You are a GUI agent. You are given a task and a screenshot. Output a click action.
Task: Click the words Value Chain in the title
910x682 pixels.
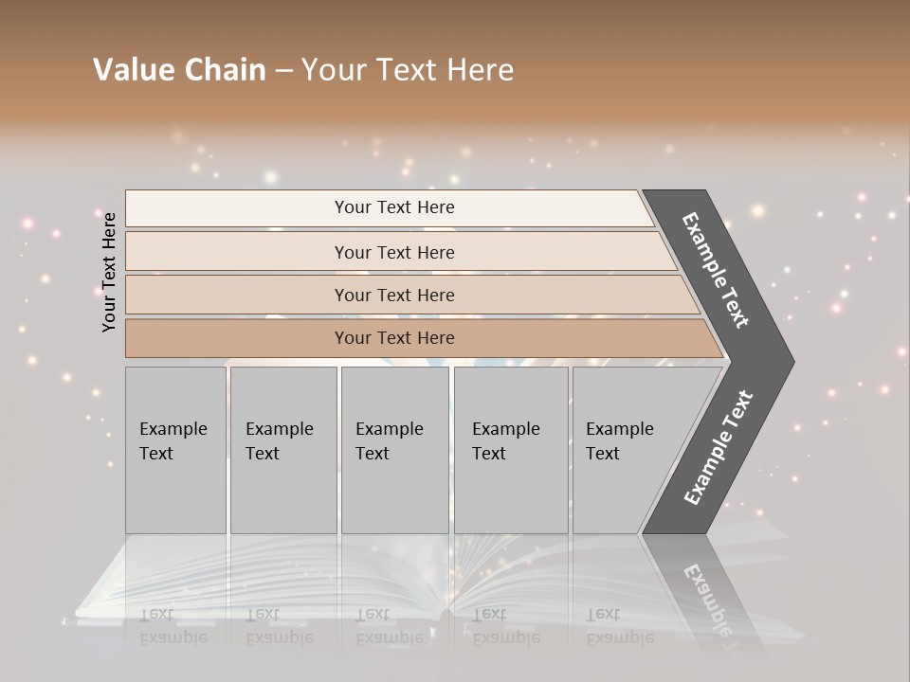coord(179,70)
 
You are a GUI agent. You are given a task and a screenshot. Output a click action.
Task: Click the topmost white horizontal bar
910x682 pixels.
coord(237,208)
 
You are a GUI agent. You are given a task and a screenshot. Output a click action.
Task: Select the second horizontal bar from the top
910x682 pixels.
coord(237,252)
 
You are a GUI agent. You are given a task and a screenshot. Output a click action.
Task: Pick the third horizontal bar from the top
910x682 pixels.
coord(237,295)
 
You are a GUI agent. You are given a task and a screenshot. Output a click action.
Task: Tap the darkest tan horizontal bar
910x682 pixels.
coord(237,338)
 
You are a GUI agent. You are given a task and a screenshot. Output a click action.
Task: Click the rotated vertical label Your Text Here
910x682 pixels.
coord(109,272)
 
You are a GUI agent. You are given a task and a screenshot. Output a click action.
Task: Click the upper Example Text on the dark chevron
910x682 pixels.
coord(716,270)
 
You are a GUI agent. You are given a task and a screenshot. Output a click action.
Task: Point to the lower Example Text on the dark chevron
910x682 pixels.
coord(718,448)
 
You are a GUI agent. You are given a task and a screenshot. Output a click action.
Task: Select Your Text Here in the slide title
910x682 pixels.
coord(408,70)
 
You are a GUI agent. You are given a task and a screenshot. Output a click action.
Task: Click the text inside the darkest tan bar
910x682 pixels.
coord(394,338)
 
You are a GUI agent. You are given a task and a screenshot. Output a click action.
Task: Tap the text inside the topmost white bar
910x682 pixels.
coord(394,207)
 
